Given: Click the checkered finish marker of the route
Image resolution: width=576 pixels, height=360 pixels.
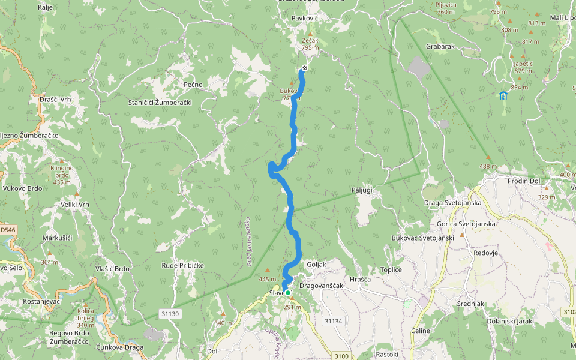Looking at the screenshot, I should pyautogui.click(x=305, y=68).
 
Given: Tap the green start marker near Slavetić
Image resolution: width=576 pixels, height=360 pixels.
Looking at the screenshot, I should pyautogui.click(x=288, y=293).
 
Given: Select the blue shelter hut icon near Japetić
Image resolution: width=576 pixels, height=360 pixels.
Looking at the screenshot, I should pyautogui.click(x=502, y=95).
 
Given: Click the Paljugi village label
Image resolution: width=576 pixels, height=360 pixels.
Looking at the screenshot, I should pyautogui.click(x=362, y=190).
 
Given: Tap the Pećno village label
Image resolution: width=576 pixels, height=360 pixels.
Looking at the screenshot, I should pyautogui.click(x=193, y=85).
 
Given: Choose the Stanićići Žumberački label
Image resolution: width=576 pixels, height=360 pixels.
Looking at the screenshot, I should pyautogui.click(x=160, y=103).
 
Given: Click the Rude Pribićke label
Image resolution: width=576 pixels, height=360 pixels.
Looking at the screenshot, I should pyautogui.click(x=183, y=265).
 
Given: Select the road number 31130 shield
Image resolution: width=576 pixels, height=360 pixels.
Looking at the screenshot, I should pyautogui.click(x=170, y=314).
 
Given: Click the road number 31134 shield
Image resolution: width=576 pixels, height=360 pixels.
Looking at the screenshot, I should pyautogui.click(x=333, y=321).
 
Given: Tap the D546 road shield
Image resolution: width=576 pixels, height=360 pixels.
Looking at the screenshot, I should pyautogui.click(x=7, y=230).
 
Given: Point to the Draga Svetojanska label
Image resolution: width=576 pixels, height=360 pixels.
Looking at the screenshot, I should pyautogui.click(x=452, y=203).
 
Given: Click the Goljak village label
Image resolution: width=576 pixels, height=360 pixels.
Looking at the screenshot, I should pyautogui.click(x=316, y=265).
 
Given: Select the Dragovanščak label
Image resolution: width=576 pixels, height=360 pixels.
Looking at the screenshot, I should pyautogui.click(x=321, y=286).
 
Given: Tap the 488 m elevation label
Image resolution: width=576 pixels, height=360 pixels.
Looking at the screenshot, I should pyautogui.click(x=488, y=166).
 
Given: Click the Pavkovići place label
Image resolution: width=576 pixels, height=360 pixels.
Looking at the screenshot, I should pyautogui.click(x=305, y=19).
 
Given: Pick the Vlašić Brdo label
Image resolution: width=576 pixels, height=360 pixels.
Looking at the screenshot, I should pyautogui.click(x=112, y=269).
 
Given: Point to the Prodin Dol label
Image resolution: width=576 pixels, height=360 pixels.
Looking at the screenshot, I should pyautogui.click(x=526, y=181).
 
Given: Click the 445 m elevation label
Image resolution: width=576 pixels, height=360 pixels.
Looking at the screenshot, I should pyautogui.click(x=267, y=279).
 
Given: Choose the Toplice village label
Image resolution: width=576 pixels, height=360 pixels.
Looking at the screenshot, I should pyautogui.click(x=391, y=270).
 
